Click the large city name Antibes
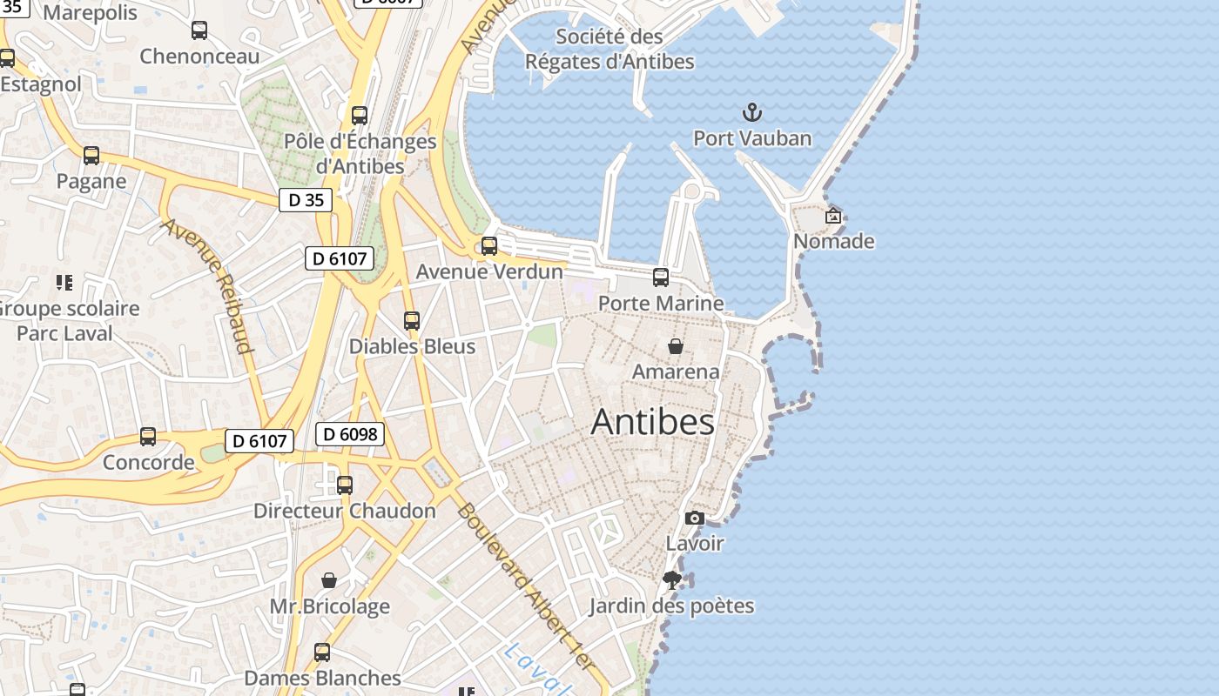point(653,422)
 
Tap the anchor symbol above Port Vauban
point(751,112)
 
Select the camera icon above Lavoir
point(694,519)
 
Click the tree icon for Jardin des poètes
point(671,580)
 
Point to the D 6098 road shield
point(350,433)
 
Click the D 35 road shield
point(306,200)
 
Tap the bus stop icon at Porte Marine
point(661,278)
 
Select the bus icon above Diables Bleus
point(412,321)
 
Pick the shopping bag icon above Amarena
point(675,346)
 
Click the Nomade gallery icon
point(833,216)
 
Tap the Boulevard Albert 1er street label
point(525,586)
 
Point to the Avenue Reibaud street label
point(207,285)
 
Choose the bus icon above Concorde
point(148,437)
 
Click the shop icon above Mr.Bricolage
point(329,580)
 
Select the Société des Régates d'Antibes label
point(609,50)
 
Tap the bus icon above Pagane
point(91,157)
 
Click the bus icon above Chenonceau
point(199,31)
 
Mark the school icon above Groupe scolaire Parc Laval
point(64,283)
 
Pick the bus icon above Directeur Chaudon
point(345,485)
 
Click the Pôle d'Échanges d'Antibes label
point(360,153)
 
